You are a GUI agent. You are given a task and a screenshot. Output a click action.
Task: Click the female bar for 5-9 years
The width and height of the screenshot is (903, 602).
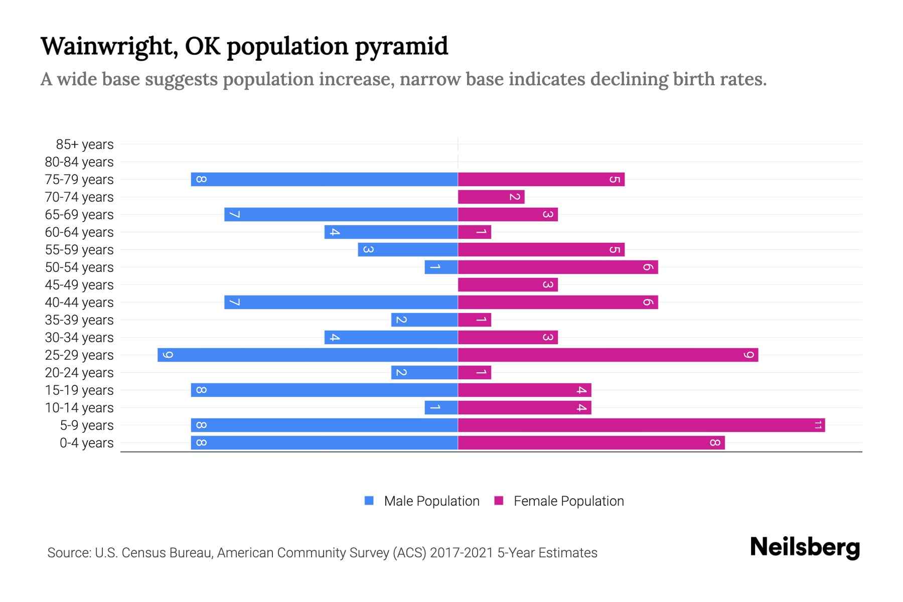pyautogui.click(x=641, y=425)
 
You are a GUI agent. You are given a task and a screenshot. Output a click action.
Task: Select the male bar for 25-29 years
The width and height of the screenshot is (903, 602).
pyautogui.click(x=308, y=355)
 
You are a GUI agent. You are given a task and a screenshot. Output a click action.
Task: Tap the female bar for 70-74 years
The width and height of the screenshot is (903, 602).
pyautogui.click(x=491, y=197)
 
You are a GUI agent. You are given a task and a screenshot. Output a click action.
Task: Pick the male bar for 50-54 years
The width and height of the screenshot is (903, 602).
pyautogui.click(x=441, y=267)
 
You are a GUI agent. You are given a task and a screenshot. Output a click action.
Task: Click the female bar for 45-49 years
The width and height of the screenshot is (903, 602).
pyautogui.click(x=508, y=285)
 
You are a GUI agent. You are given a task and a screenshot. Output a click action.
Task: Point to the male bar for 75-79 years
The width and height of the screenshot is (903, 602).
pyautogui.click(x=324, y=180)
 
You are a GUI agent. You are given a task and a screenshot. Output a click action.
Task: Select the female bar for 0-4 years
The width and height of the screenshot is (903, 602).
pyautogui.click(x=591, y=443)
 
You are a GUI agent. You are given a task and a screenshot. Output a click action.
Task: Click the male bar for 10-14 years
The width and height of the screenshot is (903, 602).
pyautogui.click(x=441, y=408)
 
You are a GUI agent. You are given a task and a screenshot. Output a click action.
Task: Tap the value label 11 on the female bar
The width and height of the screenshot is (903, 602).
pyautogui.click(x=818, y=425)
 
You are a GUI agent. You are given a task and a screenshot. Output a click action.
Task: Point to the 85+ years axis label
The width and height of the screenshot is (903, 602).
pyautogui.click(x=85, y=144)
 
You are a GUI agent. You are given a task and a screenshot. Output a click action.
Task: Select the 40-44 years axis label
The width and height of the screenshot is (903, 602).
pyautogui.click(x=79, y=303)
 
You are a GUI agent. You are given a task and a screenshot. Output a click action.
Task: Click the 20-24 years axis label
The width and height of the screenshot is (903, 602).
pyautogui.click(x=79, y=373)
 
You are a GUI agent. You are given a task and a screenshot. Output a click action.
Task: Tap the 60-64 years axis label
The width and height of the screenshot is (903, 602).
pyautogui.click(x=79, y=232)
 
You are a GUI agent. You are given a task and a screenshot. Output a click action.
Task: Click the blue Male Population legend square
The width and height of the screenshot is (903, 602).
pyautogui.click(x=369, y=501)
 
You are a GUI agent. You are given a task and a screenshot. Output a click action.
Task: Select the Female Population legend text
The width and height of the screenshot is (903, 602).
pyautogui.click(x=568, y=501)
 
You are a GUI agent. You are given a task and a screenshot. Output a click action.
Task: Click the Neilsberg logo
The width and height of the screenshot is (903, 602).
pyautogui.click(x=805, y=547)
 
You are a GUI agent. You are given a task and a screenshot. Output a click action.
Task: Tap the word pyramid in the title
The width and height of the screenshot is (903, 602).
pyautogui.click(x=401, y=47)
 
